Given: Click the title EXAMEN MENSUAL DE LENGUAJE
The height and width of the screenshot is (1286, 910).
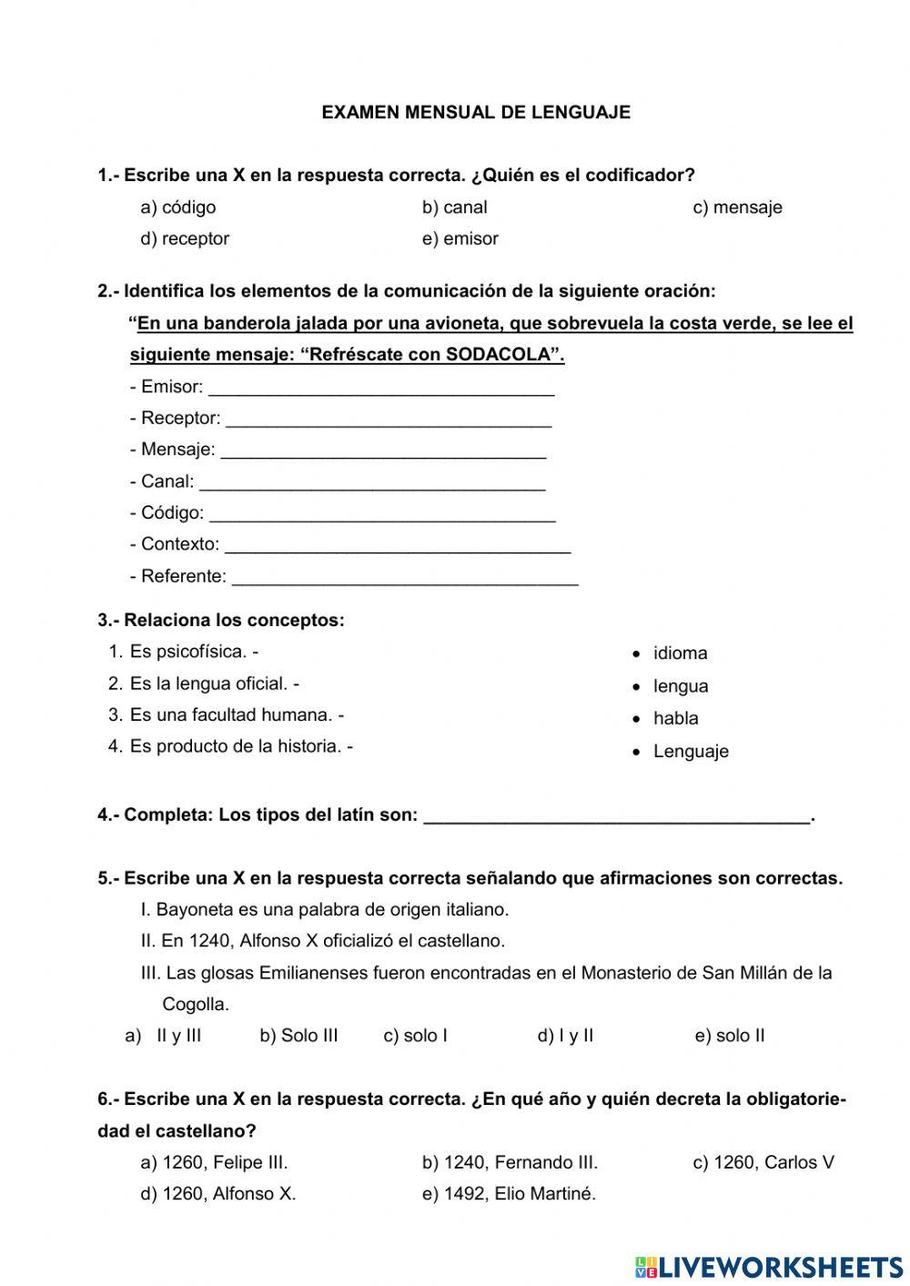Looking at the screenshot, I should point(476,113).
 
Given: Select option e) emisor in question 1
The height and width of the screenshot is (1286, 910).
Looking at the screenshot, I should point(460,238).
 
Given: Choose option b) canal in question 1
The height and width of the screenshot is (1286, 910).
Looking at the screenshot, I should point(454,208).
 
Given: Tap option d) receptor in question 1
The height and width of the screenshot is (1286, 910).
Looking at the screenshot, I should point(185,238).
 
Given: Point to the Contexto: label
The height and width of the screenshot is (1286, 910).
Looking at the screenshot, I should point(175,544).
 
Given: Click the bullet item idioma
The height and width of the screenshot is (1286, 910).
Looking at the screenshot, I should point(680,653).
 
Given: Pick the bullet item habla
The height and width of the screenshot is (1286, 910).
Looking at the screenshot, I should point(675,718).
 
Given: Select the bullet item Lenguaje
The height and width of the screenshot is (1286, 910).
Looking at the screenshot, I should point(691,752).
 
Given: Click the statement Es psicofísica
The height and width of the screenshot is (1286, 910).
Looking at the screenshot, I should point(188,652).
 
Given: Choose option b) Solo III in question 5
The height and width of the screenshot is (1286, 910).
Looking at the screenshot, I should point(298,1036).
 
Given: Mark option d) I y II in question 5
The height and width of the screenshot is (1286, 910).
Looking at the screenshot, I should point(565,1036).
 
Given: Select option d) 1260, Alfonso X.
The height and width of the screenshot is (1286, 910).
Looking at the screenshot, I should point(218,1194).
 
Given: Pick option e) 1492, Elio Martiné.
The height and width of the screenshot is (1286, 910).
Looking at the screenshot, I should point(509,1194).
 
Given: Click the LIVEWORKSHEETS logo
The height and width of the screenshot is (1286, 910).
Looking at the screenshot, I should point(769,1267).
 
